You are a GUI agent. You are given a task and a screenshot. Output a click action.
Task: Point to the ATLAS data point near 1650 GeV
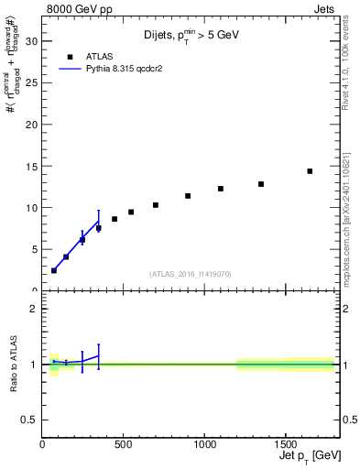(x=310, y=171)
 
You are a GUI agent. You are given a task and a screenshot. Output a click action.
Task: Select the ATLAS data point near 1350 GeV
(x=261, y=184)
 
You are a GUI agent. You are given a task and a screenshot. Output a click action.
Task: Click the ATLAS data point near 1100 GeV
(x=221, y=189)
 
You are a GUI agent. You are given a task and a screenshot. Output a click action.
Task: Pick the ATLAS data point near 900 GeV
(x=188, y=196)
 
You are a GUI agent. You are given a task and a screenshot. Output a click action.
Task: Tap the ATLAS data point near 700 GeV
(x=156, y=205)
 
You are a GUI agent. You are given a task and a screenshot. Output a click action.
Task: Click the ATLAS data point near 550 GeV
(x=131, y=212)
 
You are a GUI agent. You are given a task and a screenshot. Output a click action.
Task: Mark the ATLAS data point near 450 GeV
(x=115, y=219)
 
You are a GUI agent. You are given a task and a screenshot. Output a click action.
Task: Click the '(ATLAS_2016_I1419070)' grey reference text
(x=191, y=273)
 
